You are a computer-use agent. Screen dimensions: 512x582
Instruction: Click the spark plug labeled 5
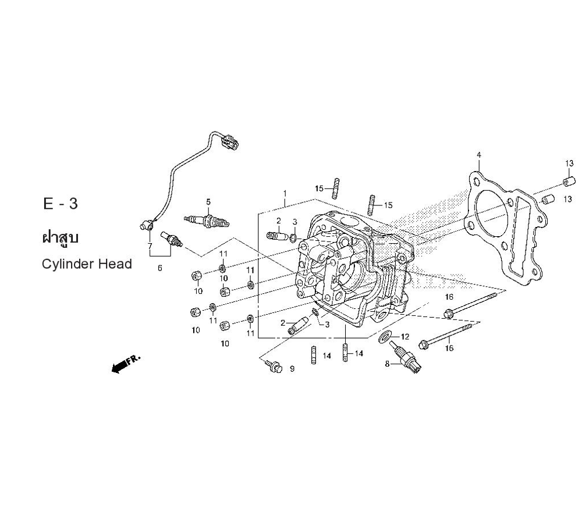[x=207, y=221]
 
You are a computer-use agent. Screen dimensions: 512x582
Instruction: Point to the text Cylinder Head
[x=87, y=264]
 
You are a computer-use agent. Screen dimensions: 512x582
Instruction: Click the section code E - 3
[x=60, y=204]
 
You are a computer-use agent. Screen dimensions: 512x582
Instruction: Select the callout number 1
[x=285, y=193]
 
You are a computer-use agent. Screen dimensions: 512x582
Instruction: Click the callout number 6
[x=159, y=268]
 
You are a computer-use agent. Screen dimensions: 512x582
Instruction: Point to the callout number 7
[x=150, y=246]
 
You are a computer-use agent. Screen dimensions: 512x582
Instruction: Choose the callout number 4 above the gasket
[x=478, y=155]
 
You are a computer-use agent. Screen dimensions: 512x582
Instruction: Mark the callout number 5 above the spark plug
[x=208, y=202]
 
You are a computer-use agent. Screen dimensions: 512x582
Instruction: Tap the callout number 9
[x=292, y=369]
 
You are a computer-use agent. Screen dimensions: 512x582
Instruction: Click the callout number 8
[x=386, y=364]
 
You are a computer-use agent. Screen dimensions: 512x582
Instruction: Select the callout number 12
[x=405, y=337]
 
